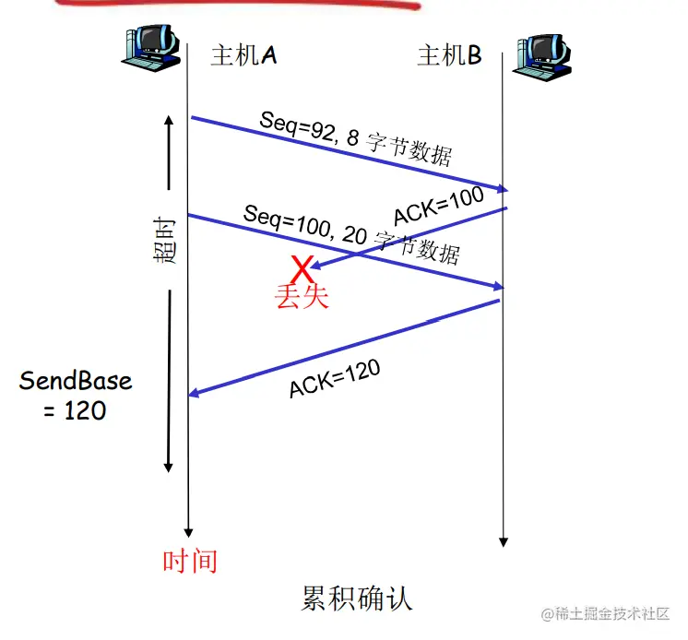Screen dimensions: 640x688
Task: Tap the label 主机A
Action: [x=243, y=55]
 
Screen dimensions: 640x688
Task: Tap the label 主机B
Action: [x=449, y=56]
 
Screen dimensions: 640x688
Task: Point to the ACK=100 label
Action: [x=438, y=205]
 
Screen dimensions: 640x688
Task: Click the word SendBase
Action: [x=76, y=381]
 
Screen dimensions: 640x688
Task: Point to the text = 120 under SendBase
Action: [x=76, y=410]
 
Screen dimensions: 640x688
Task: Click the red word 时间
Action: [x=190, y=560]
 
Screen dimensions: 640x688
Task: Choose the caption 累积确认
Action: [x=357, y=598]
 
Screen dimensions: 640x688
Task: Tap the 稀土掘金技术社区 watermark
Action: [x=607, y=615]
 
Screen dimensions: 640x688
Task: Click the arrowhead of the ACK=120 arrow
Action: [x=194, y=394]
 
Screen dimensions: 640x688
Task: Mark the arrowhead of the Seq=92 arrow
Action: [x=503, y=190]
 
